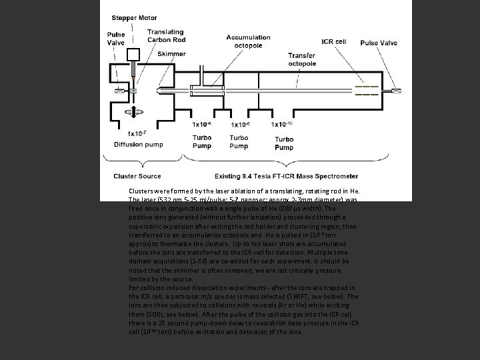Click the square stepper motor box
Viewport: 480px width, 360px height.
pyautogui.click(x=134, y=54)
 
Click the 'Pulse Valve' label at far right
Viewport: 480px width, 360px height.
pyautogui.click(x=379, y=42)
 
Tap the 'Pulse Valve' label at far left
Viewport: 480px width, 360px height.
pyautogui.click(x=115, y=40)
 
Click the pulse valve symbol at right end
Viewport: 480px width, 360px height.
pyautogui.click(x=397, y=91)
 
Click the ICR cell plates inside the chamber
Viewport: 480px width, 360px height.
pyautogui.click(x=366, y=91)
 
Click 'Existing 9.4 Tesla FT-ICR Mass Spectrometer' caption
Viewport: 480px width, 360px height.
pyautogui.click(x=286, y=177)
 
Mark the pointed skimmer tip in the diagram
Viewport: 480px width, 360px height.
pyautogui.click(x=158, y=91)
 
